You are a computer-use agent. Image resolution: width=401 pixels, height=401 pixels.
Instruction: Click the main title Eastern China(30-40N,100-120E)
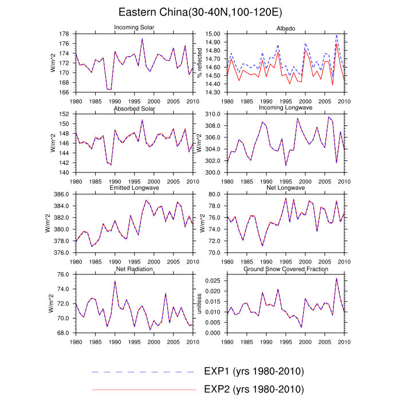[200, 12]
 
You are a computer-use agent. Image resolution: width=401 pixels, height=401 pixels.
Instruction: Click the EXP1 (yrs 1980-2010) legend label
[253, 371]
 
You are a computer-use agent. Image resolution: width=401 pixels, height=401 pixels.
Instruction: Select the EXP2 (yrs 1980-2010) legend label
[253, 389]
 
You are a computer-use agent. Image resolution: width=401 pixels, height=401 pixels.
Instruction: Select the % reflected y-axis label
[199, 63]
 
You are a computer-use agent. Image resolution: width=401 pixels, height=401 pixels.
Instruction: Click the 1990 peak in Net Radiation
[115, 281]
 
